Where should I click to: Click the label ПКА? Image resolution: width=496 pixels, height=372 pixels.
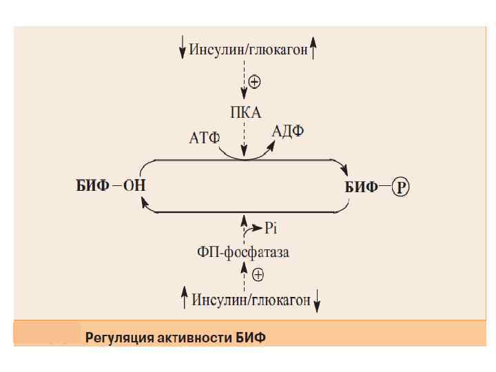(246, 112)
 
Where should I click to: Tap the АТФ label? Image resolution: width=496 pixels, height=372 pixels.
(204, 138)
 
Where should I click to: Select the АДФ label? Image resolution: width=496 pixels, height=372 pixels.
(288, 130)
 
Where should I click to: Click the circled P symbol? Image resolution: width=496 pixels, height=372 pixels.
(400, 186)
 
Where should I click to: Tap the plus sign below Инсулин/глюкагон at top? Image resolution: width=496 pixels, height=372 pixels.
(254, 82)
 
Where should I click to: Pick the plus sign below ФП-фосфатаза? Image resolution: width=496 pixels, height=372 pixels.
(258, 275)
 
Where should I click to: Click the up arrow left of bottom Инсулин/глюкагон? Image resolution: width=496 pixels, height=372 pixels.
(185, 299)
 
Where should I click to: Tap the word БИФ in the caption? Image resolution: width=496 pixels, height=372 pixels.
(251, 338)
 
